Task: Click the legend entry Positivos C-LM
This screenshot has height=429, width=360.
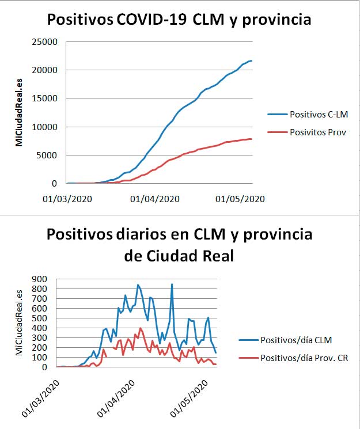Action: [x=308, y=115]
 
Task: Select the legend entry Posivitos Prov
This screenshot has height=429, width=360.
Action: [x=306, y=132]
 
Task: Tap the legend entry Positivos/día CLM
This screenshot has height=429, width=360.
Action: [x=285, y=340]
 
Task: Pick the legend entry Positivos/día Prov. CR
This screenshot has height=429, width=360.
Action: [x=293, y=358]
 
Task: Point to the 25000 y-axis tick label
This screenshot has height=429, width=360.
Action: [x=44, y=42]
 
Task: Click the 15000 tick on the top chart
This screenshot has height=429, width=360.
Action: [x=44, y=98]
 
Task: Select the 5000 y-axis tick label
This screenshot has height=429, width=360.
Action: [x=47, y=155]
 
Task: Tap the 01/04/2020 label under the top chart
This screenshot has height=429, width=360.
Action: [x=155, y=199]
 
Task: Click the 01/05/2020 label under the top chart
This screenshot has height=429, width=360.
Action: [x=240, y=199]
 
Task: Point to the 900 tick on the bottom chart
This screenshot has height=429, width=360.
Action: [x=39, y=279]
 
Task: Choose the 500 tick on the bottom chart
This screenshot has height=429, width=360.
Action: [x=39, y=318]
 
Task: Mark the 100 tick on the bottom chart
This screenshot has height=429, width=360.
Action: [x=39, y=358]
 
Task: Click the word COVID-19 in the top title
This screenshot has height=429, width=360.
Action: [x=152, y=20]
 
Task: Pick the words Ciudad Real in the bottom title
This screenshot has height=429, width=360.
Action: [x=190, y=256]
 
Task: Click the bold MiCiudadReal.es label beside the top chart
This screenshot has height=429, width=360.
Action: [x=18, y=113]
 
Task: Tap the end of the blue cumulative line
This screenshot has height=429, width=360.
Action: [x=252, y=60]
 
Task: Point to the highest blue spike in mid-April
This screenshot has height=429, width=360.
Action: [x=172, y=284]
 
